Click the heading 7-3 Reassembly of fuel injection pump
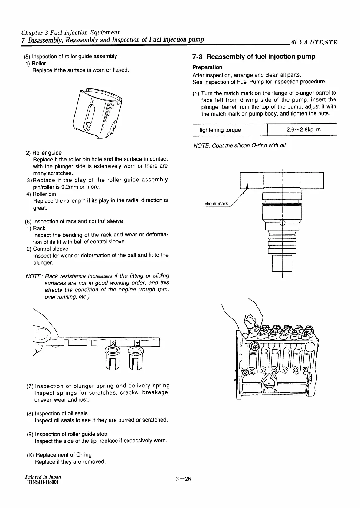pyautogui.click(x=254, y=57)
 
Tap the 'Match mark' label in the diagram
pyautogui.click(x=216, y=204)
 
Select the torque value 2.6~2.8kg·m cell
pyautogui.click(x=303, y=130)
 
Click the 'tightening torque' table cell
pyautogui.click(x=220, y=130)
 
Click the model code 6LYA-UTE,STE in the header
pyautogui.click(x=314, y=42)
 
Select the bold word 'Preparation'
pyautogui.click(x=207, y=67)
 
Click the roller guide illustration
pyautogui.click(x=97, y=113)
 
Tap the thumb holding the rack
pyautogui.click(x=43, y=333)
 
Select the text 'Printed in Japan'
pyautogui.click(x=43, y=477)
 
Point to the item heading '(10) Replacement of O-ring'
pyautogui.click(x=59, y=455)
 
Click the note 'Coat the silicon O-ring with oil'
pyautogui.click(x=240, y=145)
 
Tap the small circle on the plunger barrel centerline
pyautogui.click(x=282, y=223)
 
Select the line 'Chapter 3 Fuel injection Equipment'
pyautogui.click(x=70, y=32)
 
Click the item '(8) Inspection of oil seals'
pyautogui.click(x=57, y=413)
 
